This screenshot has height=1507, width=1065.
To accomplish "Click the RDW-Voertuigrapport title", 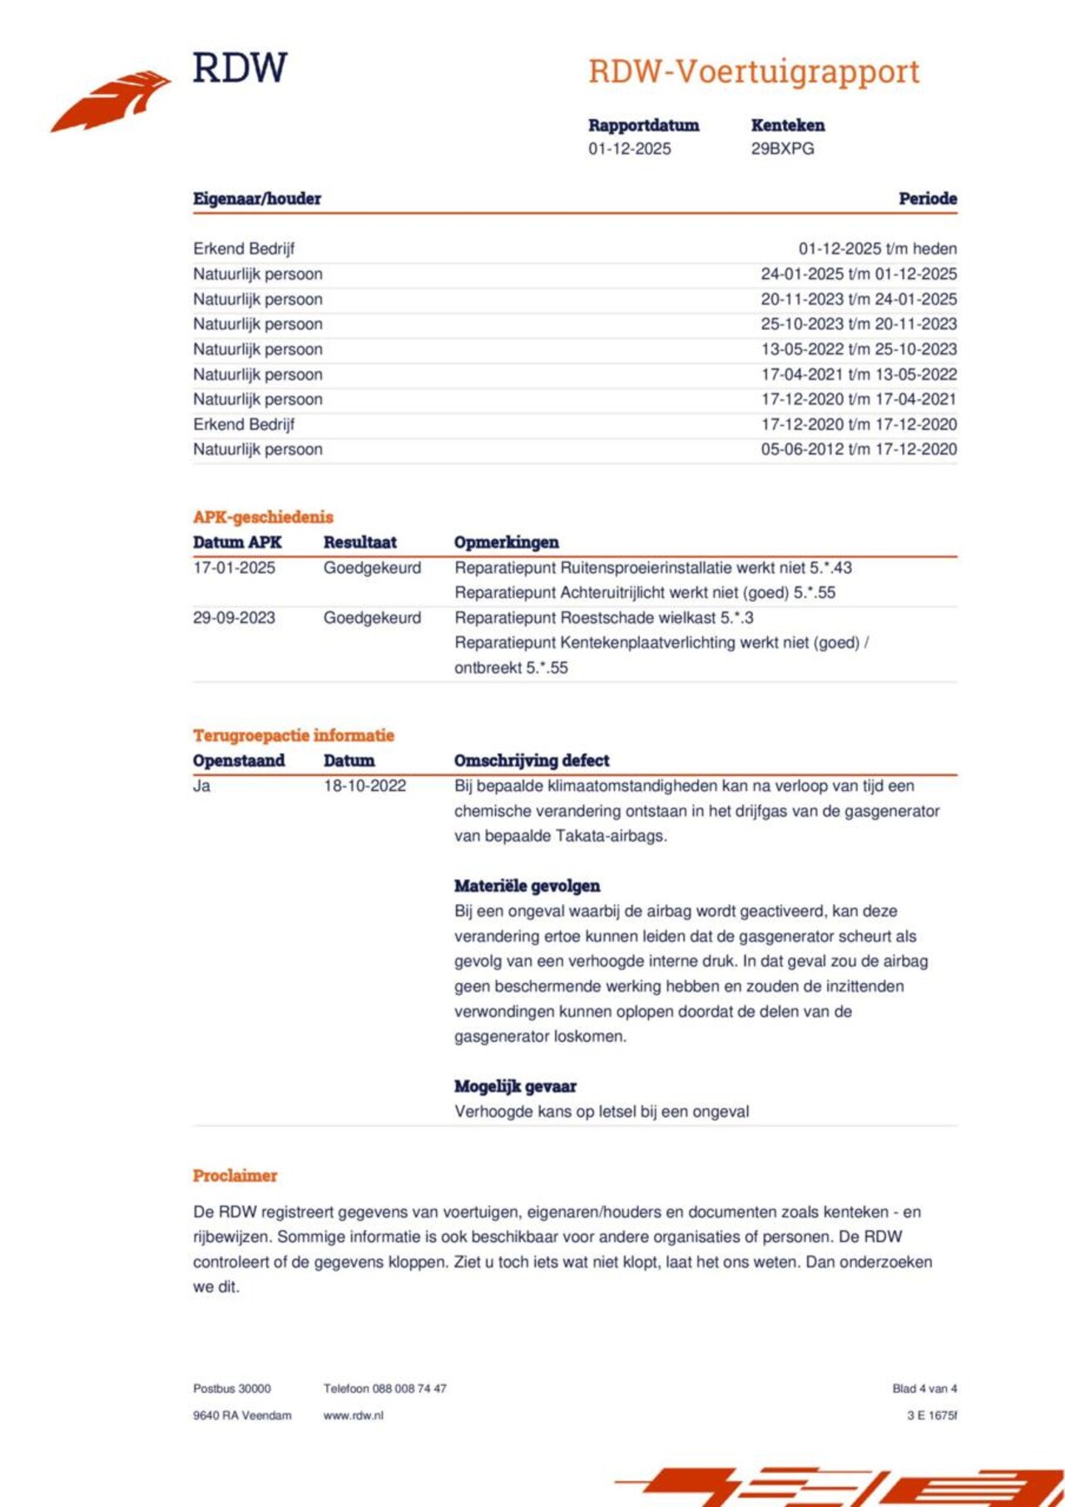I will coord(754,72).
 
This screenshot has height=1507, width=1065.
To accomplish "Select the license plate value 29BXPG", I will coord(782,149).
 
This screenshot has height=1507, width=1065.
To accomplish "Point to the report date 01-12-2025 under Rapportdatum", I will coord(629,149).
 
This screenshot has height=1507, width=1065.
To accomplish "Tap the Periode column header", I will coord(927,199).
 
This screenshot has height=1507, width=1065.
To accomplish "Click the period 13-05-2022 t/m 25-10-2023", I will coord(859,349).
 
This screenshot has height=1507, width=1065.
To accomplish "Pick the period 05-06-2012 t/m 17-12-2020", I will coord(859,449).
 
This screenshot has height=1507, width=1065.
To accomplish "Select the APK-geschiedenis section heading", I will coord(263,517).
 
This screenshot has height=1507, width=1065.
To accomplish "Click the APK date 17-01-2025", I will coord(234,568).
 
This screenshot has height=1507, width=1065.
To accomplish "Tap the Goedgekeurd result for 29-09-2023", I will coord(372,618).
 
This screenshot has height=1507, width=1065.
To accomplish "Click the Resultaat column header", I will coord(359,542).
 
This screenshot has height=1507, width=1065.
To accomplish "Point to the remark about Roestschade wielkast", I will coord(604,618).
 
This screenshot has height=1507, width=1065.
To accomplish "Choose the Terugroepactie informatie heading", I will coord(293,735).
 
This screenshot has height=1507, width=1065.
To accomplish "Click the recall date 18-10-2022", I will coord(364,786).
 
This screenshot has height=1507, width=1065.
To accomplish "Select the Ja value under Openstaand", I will coord(201,786).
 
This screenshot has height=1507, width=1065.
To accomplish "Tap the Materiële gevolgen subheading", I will coord(527,886).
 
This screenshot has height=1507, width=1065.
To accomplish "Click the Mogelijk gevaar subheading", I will coord(515,1086).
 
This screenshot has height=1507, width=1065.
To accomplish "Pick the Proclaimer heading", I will coord(235,1176).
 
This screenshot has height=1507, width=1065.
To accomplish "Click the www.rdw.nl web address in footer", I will coord(353,1416).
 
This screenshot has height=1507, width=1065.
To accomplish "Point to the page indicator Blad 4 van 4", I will coord(924,1389).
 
